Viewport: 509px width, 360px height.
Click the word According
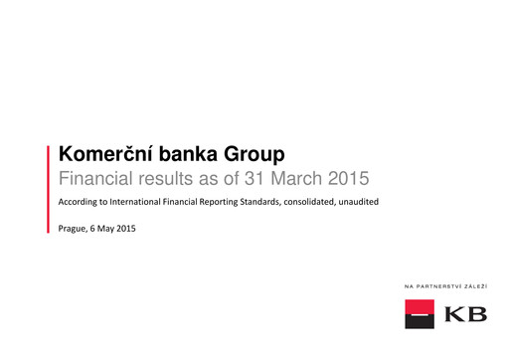coord(83,204)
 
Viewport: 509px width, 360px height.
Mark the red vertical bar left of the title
coord(49,188)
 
